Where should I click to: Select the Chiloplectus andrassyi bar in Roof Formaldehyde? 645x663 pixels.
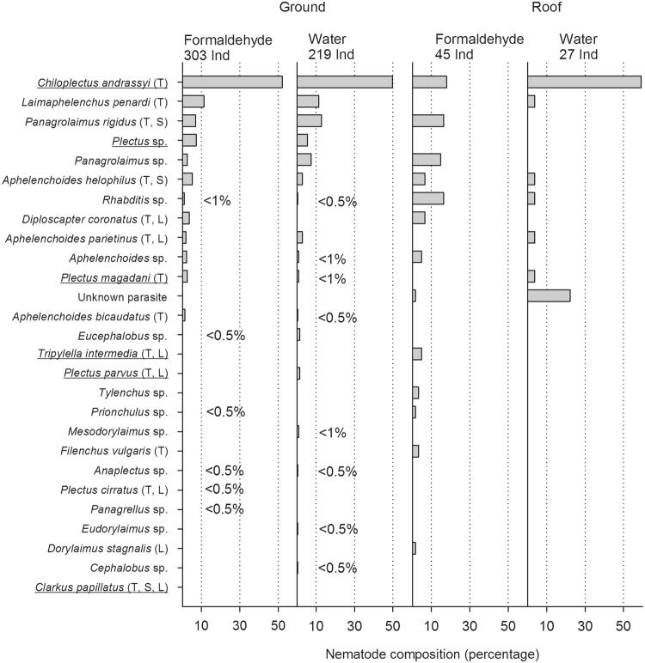coord(430,82)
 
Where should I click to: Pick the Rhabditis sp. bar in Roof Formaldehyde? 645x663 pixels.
coord(428,198)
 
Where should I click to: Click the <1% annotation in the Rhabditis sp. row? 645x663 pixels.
coord(217,201)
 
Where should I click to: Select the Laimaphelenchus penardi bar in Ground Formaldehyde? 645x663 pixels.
coord(193,101)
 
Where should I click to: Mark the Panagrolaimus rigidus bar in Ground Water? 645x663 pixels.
coord(310,121)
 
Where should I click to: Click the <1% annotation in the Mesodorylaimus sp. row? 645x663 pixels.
coord(332,434)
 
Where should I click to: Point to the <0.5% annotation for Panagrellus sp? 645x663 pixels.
coord(224,508)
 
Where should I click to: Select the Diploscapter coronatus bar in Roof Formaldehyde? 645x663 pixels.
coord(419,218)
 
